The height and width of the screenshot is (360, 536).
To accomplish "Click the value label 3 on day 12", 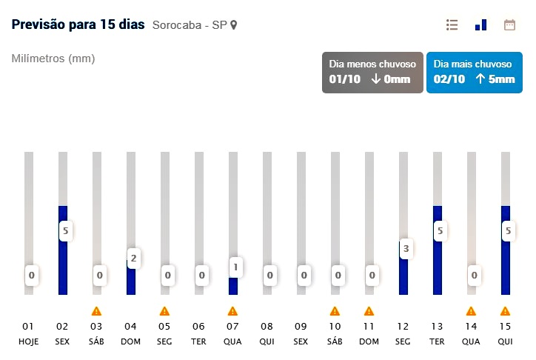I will pyautogui.click(x=405, y=249).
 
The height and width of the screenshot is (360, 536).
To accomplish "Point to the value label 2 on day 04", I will pyautogui.click(x=133, y=259).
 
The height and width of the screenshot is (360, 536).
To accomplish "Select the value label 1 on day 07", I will pyautogui.click(x=235, y=267).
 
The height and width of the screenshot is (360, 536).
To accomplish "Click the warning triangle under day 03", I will pyautogui.click(x=96, y=311).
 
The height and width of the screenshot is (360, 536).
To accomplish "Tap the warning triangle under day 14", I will pyautogui.click(x=471, y=311).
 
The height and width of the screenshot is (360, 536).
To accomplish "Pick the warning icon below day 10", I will pyautogui.click(x=335, y=311).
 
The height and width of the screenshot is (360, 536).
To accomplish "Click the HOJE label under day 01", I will pyautogui.click(x=28, y=341).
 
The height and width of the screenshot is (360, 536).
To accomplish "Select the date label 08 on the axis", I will pyautogui.click(x=267, y=326).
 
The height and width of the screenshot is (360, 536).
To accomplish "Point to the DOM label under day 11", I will pyautogui.click(x=369, y=341).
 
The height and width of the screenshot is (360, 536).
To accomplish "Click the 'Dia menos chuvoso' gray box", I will pyautogui.click(x=372, y=72).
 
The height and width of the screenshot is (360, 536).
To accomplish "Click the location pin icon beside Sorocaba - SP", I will pyautogui.click(x=234, y=25).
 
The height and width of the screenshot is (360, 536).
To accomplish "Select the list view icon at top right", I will pyautogui.click(x=452, y=24).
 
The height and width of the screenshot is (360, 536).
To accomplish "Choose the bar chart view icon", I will pyautogui.click(x=481, y=24).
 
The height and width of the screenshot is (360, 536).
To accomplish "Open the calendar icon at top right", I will pyautogui.click(x=509, y=24).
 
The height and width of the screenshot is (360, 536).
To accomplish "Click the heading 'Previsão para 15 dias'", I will pyautogui.click(x=78, y=24).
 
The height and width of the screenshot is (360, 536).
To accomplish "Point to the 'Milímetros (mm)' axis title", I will pyautogui.click(x=53, y=59).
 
